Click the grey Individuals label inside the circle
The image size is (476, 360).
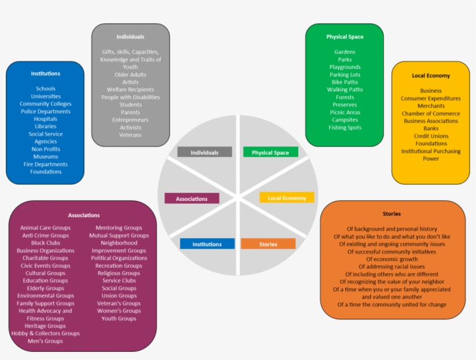click(x=204, y=153)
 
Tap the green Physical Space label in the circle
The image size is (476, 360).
click(x=270, y=153)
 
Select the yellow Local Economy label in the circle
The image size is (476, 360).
click(x=286, y=198)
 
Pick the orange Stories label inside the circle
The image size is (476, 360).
click(x=268, y=244)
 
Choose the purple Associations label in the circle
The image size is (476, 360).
click(x=192, y=199)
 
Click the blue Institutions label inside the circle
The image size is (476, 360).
click(x=207, y=244)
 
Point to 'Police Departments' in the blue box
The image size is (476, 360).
click(x=45, y=111)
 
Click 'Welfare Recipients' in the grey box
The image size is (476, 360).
click(x=130, y=90)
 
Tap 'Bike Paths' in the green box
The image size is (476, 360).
click(x=345, y=82)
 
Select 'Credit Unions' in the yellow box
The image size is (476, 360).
click(x=431, y=136)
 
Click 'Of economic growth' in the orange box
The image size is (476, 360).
click(x=392, y=259)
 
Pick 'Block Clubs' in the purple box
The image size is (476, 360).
click(x=45, y=243)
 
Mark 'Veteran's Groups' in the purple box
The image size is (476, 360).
click(x=118, y=303)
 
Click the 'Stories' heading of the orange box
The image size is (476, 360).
click(x=392, y=214)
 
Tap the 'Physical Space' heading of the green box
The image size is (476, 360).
click(x=344, y=37)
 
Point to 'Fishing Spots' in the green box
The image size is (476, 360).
click(x=345, y=128)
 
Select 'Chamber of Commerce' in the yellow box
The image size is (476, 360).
click(x=431, y=114)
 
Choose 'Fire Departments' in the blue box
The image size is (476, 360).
click(x=45, y=164)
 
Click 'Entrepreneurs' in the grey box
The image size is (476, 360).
click(x=130, y=120)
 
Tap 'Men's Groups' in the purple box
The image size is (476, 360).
click(x=45, y=341)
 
